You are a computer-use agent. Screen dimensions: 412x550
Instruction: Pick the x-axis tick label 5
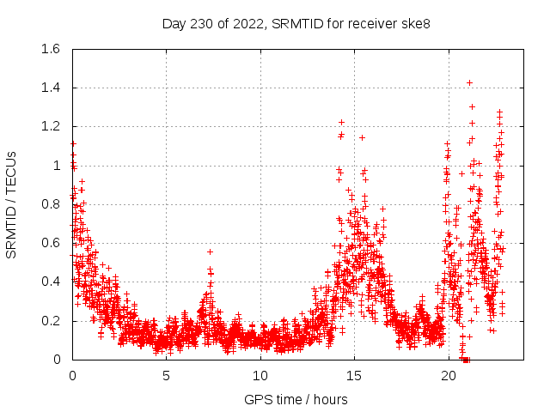pos(167,376)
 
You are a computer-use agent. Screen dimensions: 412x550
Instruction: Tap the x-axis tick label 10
pos(260,376)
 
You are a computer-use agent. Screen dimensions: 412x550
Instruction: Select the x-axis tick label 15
pos(355,376)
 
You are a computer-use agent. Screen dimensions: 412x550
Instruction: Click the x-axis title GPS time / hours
pos(296,399)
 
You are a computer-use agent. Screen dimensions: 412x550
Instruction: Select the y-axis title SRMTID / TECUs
pos(11,204)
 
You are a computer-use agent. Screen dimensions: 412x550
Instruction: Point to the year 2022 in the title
pos(246,23)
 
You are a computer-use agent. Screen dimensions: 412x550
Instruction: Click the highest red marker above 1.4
pos(469,82)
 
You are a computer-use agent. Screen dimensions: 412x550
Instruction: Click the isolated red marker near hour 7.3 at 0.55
pos(210,251)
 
